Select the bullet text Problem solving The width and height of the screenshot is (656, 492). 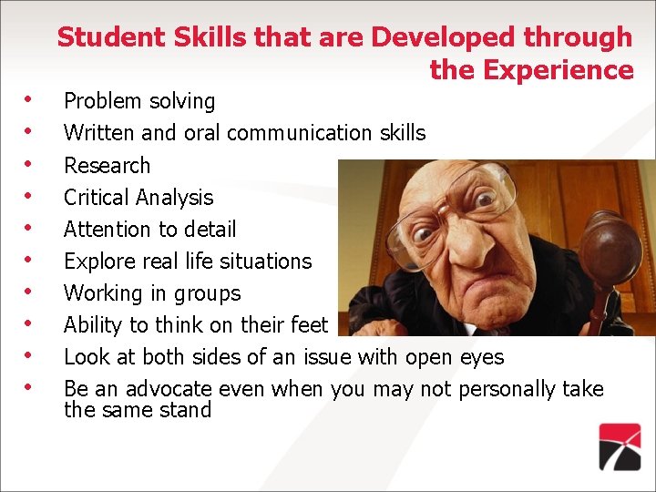pyautogui.click(x=139, y=101)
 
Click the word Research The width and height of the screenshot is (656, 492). pyautogui.click(x=107, y=166)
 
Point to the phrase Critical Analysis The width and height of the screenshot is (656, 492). pyautogui.click(x=138, y=198)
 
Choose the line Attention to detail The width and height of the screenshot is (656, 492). pyautogui.click(x=149, y=230)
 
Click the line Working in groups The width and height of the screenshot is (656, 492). pyautogui.click(x=152, y=293)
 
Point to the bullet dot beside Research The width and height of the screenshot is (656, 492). pyautogui.click(x=30, y=164)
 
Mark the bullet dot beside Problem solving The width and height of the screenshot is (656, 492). pyautogui.click(x=30, y=99)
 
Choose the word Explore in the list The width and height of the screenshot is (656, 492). pyautogui.click(x=96, y=261)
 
